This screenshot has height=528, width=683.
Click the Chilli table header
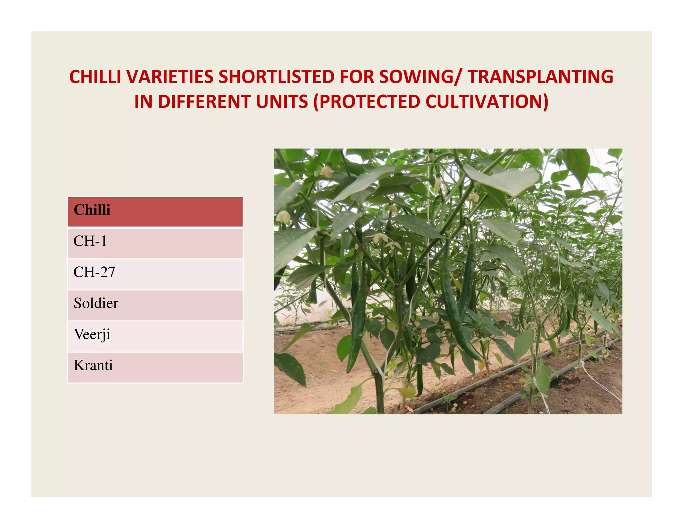(x=155, y=212)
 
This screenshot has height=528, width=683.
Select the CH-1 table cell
(x=155, y=243)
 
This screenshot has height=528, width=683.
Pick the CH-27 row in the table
(x=155, y=274)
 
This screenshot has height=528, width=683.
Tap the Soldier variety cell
(x=155, y=305)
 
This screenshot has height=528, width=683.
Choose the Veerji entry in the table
(x=155, y=336)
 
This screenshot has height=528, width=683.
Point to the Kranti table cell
(x=155, y=367)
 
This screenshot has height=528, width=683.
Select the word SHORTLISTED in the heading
(x=276, y=77)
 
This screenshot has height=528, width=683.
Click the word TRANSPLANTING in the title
(x=540, y=77)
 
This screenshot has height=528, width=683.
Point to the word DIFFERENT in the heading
(x=204, y=102)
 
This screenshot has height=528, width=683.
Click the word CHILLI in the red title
(x=95, y=77)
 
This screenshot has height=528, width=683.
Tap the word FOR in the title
(x=357, y=77)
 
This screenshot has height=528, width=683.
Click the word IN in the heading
(x=143, y=102)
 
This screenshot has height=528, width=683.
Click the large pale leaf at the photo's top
(x=504, y=180)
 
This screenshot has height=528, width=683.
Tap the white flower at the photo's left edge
(x=283, y=217)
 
